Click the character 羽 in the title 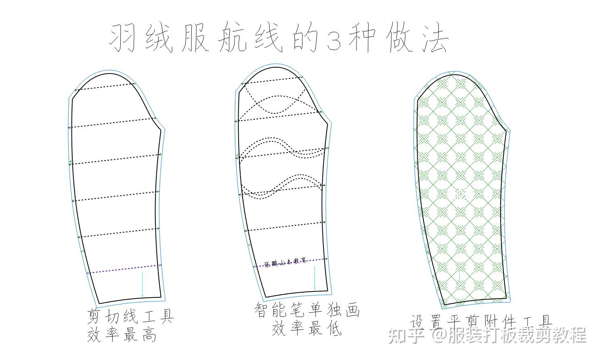(x=123, y=39)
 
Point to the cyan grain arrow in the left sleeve (x=142, y=285)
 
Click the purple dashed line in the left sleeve (x=125, y=269)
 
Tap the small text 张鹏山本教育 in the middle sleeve (x=285, y=263)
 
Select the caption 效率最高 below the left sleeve (x=122, y=335)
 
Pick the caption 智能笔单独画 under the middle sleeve (x=306, y=310)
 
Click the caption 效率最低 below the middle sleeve (x=306, y=329)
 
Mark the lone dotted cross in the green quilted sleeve (x=460, y=194)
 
